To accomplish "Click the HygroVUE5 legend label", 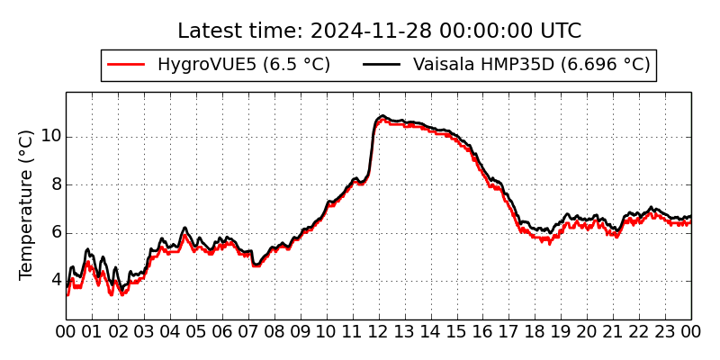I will pyautogui.click(x=243, y=65).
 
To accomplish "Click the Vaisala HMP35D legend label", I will pyautogui.click(x=531, y=65).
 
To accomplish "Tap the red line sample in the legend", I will pyautogui.click(x=126, y=65).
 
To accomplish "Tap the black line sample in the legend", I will pyautogui.click(x=382, y=65).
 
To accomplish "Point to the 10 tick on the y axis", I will pyautogui.click(x=50, y=137).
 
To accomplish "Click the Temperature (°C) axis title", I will pyautogui.click(x=27, y=204).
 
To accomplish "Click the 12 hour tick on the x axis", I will pyautogui.click(x=378, y=333).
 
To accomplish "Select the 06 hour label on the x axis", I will pyautogui.click(x=222, y=333).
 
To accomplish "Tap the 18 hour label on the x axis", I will pyautogui.click(x=535, y=333).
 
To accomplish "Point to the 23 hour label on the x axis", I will pyautogui.click(x=665, y=333).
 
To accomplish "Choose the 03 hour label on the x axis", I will pyautogui.click(x=144, y=333).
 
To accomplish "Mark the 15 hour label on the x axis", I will pyautogui.click(x=456, y=333).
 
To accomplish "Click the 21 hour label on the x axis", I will pyautogui.click(x=613, y=333).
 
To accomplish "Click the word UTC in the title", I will pyautogui.click(x=559, y=31).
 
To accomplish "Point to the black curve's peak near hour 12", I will pyautogui.click(x=382, y=116).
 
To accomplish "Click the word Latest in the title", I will pyautogui.click(x=208, y=31).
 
